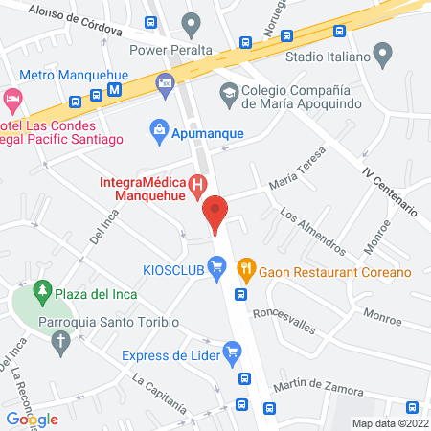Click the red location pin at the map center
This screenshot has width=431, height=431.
[x=215, y=213]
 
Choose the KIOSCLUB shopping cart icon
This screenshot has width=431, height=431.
[x=216, y=267]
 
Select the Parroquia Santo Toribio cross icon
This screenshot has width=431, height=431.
[x=61, y=343]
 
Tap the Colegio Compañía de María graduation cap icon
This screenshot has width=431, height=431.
[x=229, y=93]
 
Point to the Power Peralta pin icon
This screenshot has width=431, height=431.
[x=192, y=22]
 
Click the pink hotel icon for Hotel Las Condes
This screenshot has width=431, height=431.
[x=11, y=99]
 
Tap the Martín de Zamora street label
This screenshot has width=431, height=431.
[x=318, y=389]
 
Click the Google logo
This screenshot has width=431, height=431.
[x=32, y=419]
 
